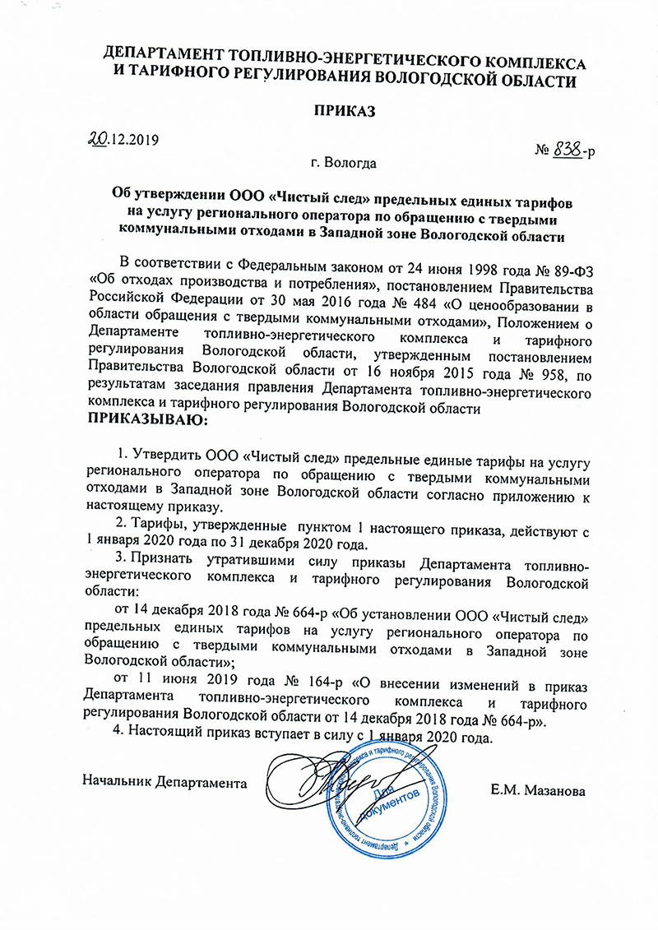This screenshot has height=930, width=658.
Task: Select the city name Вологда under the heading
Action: pos(350,163)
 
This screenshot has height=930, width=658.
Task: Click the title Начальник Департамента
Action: pos(165,777)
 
